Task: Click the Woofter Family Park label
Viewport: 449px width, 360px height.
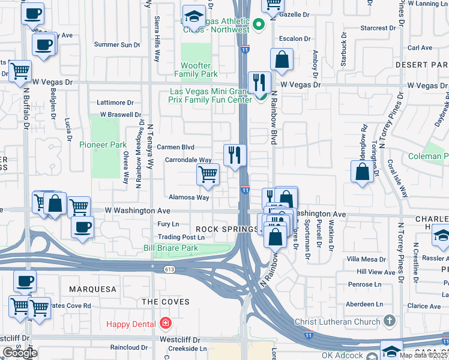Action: [196, 70]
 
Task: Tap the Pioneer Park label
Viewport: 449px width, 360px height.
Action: [103, 145]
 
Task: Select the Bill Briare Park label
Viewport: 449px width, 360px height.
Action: [170, 248]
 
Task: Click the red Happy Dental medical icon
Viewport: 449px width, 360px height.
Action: [166, 324]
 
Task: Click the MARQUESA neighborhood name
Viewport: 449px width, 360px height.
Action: [92, 289]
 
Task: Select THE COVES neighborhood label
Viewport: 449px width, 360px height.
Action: [166, 302]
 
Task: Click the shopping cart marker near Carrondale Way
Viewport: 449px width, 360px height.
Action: [208, 175]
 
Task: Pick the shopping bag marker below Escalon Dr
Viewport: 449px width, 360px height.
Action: [281, 59]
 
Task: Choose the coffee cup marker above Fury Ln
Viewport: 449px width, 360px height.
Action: [82, 227]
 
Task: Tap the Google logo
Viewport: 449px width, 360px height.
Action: [20, 353]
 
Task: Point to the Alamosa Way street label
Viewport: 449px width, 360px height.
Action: [188, 197]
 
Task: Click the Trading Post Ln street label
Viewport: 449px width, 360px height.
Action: [181, 237]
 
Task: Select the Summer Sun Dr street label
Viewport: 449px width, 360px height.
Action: [117, 44]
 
